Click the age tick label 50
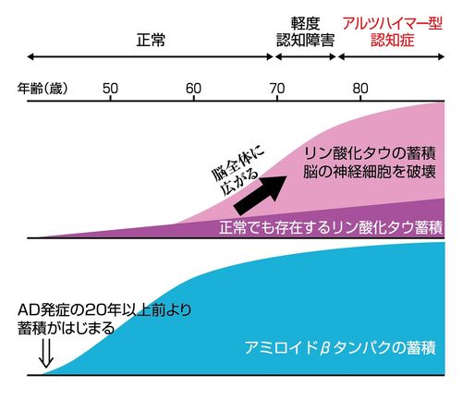[x=110, y=89]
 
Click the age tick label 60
[x=194, y=89]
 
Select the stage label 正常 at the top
[x=150, y=40]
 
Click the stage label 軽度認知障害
[x=306, y=31]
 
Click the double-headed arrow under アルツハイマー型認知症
[x=393, y=56]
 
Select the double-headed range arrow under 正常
[x=150, y=56]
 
